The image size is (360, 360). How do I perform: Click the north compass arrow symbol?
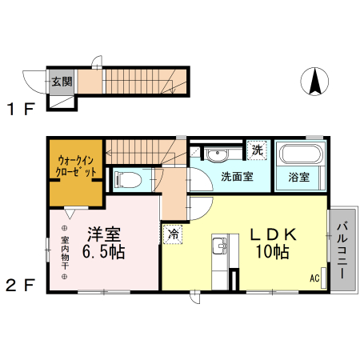tap(315, 81)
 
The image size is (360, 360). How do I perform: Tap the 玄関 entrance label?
tap(62, 81)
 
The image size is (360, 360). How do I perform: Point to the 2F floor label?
tap(22, 285)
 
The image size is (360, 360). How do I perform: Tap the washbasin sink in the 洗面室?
tap(215, 154)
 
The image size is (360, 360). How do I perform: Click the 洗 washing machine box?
tap(256, 149)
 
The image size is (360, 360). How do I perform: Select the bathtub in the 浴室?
tap(299, 154)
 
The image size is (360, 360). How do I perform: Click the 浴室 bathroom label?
tap(299, 178)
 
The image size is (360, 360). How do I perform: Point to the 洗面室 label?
tap(237, 177)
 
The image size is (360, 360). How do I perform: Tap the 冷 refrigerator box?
tap(173, 234)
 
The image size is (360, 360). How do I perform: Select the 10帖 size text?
tap(273, 253)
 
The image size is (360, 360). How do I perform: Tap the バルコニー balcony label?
tap(340, 249)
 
